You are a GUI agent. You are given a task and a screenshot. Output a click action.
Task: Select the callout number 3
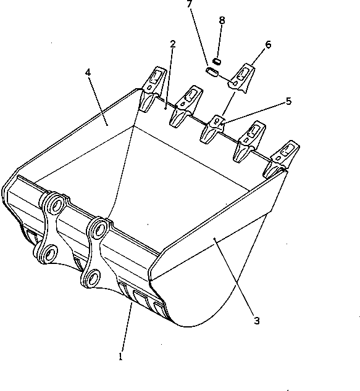[x=256, y=320]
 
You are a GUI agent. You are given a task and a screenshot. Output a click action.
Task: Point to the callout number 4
[x=89, y=72]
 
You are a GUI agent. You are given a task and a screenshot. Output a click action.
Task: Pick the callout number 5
[x=288, y=101]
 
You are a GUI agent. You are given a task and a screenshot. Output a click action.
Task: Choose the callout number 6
[x=268, y=44]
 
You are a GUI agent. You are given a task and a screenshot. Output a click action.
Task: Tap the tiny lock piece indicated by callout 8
[x=217, y=60]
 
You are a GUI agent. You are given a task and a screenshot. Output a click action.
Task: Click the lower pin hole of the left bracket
[x=47, y=251]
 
